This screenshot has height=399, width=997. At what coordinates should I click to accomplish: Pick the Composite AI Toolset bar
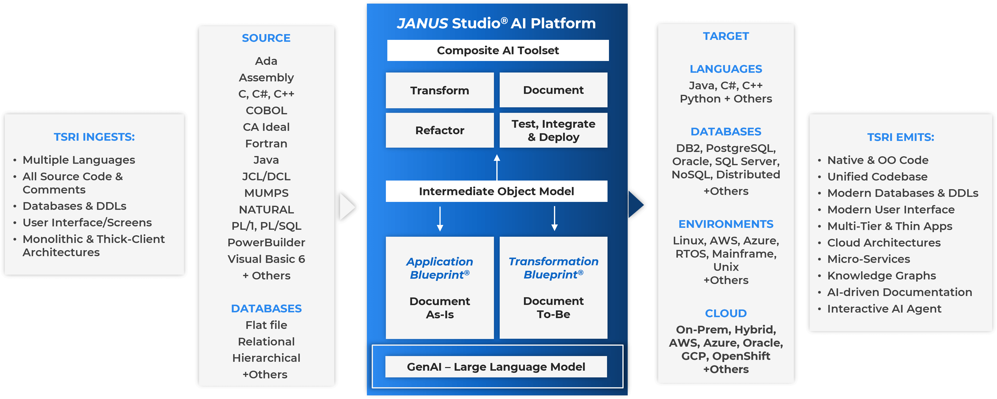coord(498,50)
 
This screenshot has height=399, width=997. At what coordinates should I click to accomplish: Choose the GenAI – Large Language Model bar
coord(496,367)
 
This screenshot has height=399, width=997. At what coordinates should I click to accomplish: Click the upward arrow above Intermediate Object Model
coord(497,167)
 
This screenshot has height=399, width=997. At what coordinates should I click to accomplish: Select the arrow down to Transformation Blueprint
coord(554,219)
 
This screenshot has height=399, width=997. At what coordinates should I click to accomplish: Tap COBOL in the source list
coord(266,110)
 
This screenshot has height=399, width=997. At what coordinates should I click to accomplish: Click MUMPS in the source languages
coord(266,193)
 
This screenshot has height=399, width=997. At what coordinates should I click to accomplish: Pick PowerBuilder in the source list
coord(266,242)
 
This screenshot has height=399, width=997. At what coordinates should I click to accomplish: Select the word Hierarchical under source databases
coord(266,358)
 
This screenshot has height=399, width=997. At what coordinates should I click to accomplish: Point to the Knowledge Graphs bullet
coord(881,276)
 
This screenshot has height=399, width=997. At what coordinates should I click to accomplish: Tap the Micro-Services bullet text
coord(869,259)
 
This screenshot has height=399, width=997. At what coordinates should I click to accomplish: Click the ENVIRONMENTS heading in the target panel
coord(726,224)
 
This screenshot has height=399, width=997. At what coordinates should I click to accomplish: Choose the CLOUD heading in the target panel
coord(726,313)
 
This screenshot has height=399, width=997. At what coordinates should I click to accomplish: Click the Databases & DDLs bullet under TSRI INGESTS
coord(74,206)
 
